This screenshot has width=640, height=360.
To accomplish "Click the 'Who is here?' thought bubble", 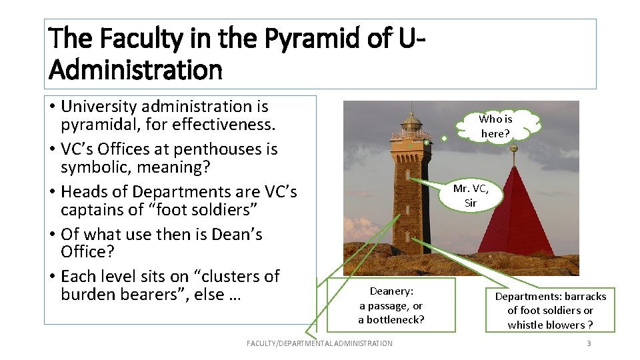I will point(495,126).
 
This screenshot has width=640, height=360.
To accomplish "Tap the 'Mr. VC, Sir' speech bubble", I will point(471,195).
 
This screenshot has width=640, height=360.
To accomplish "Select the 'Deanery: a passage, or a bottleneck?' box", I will point(391,305).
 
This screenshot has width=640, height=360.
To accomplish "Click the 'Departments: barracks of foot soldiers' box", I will point(550,310).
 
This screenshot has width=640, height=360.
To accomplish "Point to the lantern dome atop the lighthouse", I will point(411,120).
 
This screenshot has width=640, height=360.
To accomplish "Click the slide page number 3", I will point(589,343).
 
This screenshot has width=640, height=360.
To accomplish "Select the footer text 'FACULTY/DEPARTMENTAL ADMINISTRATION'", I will point(319,343).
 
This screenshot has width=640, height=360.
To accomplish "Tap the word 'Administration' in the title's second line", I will point(135,69).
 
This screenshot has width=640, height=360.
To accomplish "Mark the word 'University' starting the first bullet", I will point(99,107).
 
